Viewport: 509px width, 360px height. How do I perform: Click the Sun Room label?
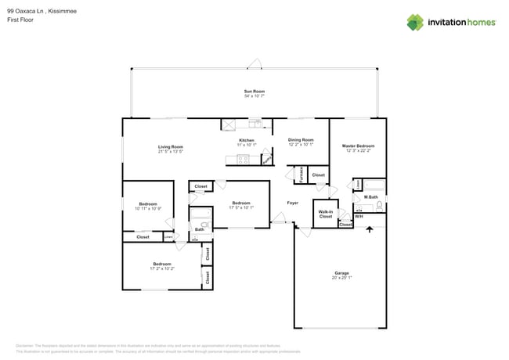tap(254, 92)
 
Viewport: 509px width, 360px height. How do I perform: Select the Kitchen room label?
tap(247, 141)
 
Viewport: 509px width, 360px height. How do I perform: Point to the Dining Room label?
tap(301, 140)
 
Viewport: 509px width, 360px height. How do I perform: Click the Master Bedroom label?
tap(358, 146)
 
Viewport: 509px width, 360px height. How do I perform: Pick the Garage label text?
tap(341, 273)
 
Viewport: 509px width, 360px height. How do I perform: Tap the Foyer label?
tap(292, 203)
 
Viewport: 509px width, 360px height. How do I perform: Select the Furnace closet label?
tap(301, 175)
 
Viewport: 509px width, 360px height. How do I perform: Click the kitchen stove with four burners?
tap(243, 160)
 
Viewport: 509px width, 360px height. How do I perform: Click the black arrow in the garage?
tap(370, 229)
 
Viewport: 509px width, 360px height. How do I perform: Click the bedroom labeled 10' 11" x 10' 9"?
tap(148, 206)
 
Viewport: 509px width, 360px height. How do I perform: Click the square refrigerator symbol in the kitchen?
tap(229, 124)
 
